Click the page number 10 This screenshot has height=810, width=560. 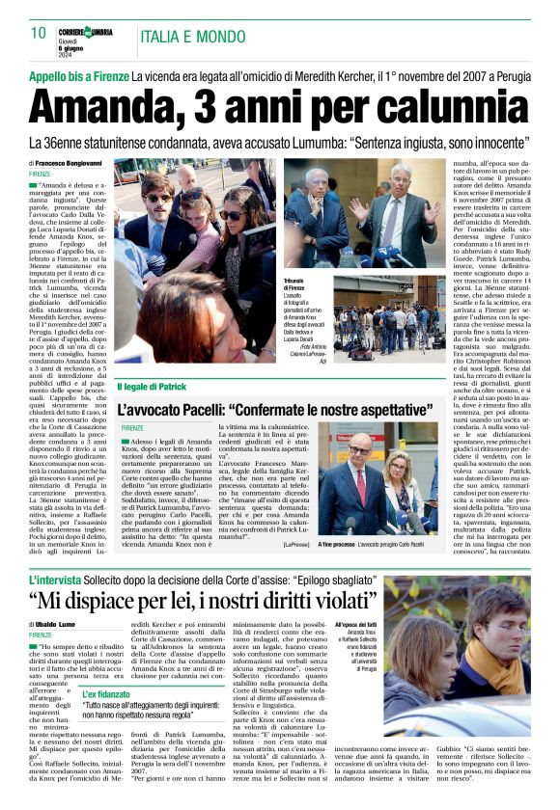tap(39, 33)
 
